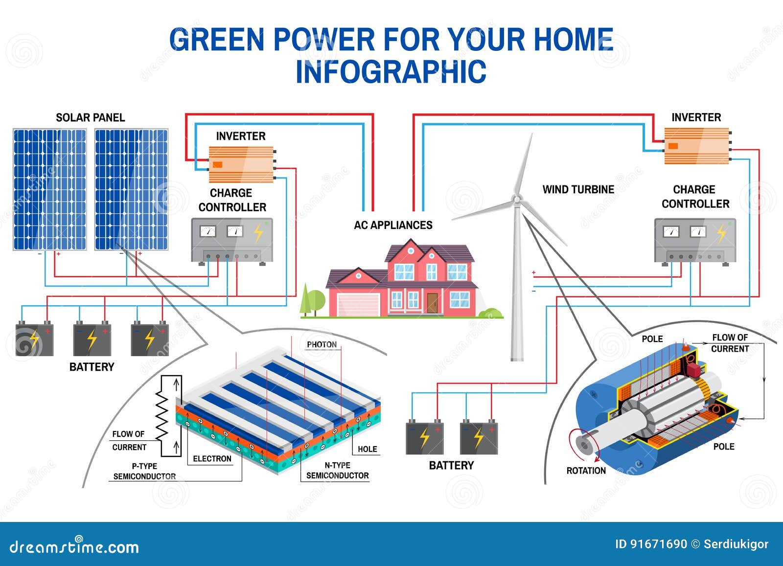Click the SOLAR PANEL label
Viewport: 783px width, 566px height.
click(x=90, y=117)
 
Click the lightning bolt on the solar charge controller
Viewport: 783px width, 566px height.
click(x=258, y=233)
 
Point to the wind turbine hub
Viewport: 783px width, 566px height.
click(x=516, y=200)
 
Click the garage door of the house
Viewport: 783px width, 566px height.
click(x=359, y=304)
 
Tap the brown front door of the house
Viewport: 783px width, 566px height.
click(x=432, y=303)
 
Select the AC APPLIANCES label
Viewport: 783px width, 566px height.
click(x=393, y=225)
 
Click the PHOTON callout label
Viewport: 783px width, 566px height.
click(x=322, y=344)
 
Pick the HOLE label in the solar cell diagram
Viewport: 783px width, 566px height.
click(x=367, y=449)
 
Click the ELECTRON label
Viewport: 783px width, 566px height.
click(x=212, y=458)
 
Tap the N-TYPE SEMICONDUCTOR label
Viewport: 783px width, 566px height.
click(x=337, y=470)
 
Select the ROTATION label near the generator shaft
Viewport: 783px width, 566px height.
click(x=586, y=471)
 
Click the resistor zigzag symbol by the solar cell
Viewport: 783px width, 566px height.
click(x=161, y=416)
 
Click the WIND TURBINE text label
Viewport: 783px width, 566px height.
click(x=578, y=189)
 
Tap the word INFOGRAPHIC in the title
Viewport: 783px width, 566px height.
click(x=391, y=71)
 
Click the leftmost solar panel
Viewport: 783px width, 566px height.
click(x=49, y=189)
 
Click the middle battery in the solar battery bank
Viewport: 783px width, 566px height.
click(x=92, y=339)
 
